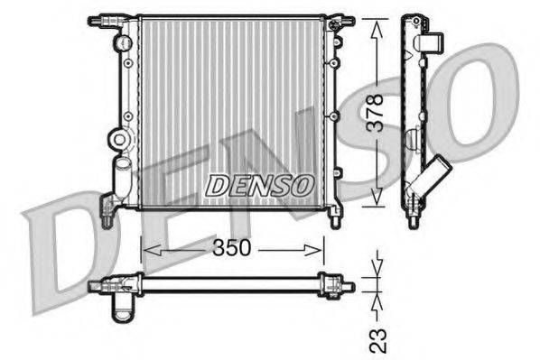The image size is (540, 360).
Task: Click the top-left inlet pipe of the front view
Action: (x=98, y=19)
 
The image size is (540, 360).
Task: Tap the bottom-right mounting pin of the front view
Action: (x=336, y=217)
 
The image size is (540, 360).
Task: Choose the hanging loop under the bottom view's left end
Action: (x=121, y=309)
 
